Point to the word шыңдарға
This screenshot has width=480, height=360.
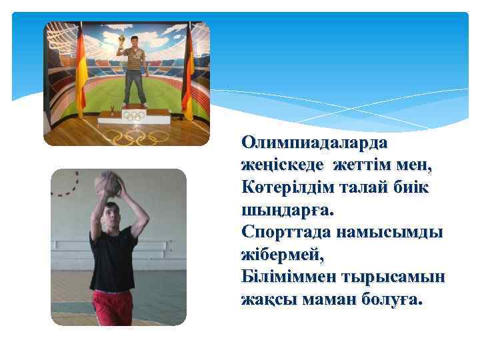pyautogui.click(x=285, y=211)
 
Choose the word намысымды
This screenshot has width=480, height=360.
pyautogui.click(x=387, y=233)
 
